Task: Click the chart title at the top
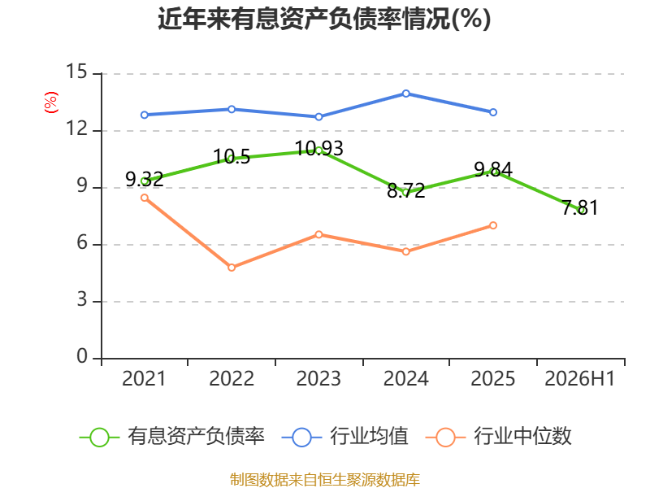tap(324, 19)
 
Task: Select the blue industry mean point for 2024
tap(405, 94)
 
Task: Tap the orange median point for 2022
tap(232, 268)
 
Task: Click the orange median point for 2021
tap(145, 198)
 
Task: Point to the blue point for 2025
tap(493, 112)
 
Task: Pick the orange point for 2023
tap(318, 235)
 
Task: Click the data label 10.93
tap(318, 149)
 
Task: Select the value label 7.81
tap(580, 207)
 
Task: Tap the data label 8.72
tap(405, 190)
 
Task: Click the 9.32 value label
tap(145, 179)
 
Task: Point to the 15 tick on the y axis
tap(77, 72)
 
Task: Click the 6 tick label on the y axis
tap(83, 242)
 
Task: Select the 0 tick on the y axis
tap(83, 356)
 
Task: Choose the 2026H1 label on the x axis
tap(580, 378)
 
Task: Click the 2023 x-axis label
tap(318, 378)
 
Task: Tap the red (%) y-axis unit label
tap(50, 102)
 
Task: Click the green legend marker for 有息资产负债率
tap(99, 438)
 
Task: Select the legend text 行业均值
tap(369, 436)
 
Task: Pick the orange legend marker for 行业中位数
tap(446, 438)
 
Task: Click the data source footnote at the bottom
tap(325, 480)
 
